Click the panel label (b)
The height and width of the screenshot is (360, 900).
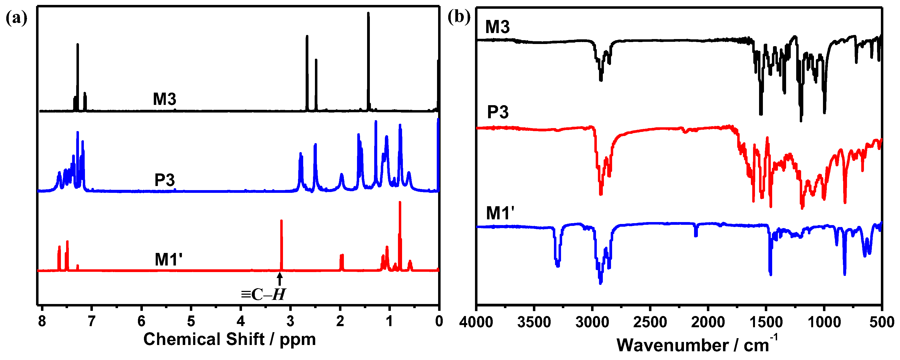coord(459,17)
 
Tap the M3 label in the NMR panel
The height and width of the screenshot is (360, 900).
coord(164,99)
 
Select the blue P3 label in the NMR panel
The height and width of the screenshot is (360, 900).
coord(164,180)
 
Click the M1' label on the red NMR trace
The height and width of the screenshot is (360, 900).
coord(169,260)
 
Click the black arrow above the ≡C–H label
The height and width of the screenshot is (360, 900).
coord(279,279)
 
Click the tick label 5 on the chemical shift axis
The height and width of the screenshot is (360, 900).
coord(191,321)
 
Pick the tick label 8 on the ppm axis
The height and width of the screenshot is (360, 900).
coord(42,321)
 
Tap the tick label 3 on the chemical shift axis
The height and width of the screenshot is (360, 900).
coord(290,321)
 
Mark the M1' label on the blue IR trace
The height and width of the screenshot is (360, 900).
coord(500,213)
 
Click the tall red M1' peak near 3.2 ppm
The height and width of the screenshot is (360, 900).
coord(281,245)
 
